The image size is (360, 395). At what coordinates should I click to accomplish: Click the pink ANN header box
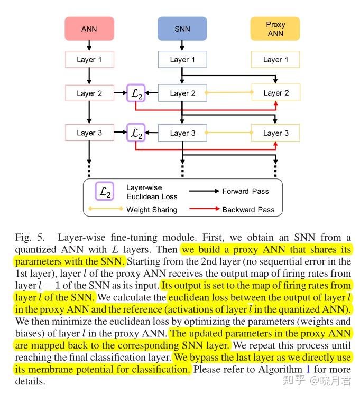[89, 29]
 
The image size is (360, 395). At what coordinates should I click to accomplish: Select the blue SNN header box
[182, 29]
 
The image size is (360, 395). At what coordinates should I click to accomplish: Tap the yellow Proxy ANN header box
[275, 29]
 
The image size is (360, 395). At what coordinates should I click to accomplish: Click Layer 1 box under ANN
[89, 60]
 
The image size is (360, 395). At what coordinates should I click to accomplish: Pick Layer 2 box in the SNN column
[182, 93]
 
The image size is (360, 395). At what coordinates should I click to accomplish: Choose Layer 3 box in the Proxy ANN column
[275, 133]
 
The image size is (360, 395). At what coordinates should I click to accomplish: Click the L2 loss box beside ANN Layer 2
[136, 93]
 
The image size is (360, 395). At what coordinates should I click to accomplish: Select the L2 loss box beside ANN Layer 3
[136, 133]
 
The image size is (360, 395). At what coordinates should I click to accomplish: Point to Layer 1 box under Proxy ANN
[275, 60]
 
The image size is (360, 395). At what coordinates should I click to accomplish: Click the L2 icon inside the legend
[104, 192]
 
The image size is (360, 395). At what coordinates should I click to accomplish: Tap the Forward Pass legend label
[245, 191]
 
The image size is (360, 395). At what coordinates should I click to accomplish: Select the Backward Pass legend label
[248, 210]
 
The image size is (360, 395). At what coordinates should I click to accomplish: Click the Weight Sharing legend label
[152, 210]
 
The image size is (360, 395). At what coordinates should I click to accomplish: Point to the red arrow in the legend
[202, 210]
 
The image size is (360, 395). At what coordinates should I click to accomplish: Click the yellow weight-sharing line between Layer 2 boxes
[227, 93]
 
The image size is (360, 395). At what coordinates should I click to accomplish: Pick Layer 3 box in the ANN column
[89, 133]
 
